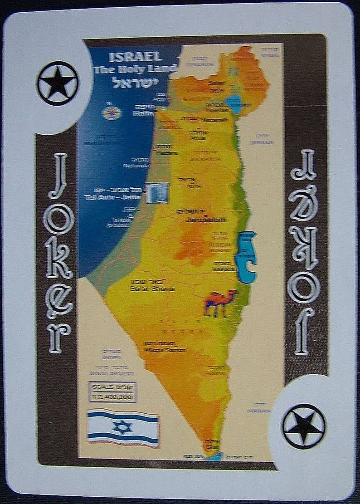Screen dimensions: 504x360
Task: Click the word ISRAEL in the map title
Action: (x=135, y=56)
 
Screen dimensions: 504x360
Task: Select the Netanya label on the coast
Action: (x=135, y=166)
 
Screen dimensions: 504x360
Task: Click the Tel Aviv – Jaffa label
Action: (x=123, y=197)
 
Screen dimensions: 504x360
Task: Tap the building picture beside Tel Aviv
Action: (x=157, y=193)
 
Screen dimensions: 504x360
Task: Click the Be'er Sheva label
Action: (x=145, y=289)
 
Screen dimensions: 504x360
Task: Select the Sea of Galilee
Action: (x=233, y=103)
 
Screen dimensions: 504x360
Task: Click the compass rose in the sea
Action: (x=111, y=113)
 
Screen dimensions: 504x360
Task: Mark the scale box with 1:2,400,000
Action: (x=113, y=392)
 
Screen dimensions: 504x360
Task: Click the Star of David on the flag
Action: (x=122, y=427)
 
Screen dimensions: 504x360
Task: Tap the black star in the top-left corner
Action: (x=58, y=83)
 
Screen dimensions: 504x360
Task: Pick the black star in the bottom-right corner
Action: (x=304, y=426)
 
